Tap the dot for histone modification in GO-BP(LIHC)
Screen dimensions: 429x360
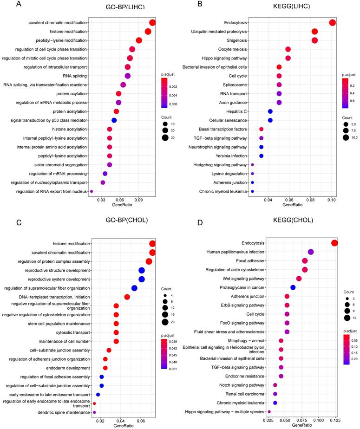(148, 32)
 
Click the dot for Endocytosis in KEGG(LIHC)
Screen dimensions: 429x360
(332, 23)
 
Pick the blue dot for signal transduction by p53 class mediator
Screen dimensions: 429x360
(114, 120)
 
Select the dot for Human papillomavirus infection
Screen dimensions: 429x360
(311, 252)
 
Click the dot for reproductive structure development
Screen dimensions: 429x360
(142, 270)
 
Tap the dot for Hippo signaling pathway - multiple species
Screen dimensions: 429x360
(256, 411)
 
